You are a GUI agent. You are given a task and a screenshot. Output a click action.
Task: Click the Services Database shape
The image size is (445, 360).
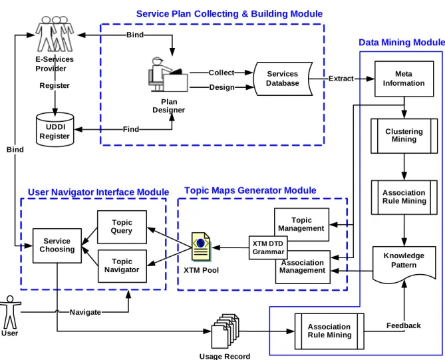point(283,79)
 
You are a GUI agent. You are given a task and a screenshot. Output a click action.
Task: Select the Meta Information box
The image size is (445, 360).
point(404,79)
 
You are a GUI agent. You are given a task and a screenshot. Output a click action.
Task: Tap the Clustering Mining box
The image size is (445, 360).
point(404,136)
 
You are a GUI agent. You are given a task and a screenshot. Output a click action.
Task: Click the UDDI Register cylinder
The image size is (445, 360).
point(55,130)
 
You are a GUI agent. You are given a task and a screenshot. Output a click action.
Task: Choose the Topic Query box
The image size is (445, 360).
point(122,227)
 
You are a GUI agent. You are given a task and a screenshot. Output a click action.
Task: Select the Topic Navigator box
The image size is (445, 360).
point(122,266)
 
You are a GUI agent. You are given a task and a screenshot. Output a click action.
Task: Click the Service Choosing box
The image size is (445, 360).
point(57,246)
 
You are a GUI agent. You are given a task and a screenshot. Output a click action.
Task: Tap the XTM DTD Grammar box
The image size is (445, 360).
point(268,248)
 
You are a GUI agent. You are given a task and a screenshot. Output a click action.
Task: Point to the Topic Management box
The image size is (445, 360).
point(301,224)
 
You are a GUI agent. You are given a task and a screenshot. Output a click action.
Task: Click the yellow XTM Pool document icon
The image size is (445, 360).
point(201,246)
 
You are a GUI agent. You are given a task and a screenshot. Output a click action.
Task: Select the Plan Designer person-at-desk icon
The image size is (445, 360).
point(168,75)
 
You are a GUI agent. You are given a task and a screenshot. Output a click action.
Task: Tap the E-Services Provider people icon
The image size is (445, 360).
point(55,33)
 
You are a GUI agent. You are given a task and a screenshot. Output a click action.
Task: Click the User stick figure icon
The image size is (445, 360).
point(10,312)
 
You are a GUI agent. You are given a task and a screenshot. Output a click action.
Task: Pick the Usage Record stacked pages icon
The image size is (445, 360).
point(225,331)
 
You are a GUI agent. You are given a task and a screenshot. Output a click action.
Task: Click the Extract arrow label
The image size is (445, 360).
point(341,79)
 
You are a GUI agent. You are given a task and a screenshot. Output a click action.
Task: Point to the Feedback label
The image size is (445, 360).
point(403,325)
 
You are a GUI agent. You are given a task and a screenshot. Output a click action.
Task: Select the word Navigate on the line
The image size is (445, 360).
point(85,312)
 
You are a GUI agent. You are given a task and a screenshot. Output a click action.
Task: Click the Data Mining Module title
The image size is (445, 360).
point(402,43)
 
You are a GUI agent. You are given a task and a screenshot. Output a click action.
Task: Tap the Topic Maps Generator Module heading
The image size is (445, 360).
point(250,190)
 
